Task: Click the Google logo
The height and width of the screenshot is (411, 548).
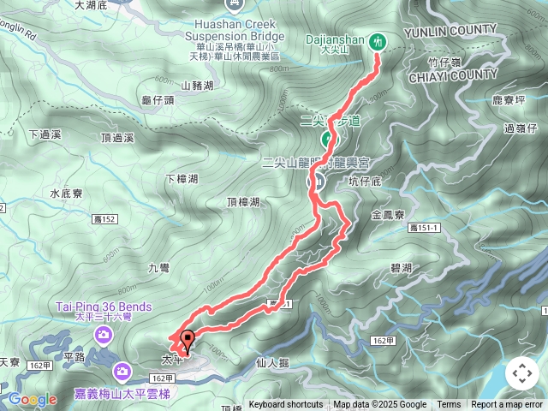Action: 33,399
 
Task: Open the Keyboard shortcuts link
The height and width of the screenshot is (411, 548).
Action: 286,405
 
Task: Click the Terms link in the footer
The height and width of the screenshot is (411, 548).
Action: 449,405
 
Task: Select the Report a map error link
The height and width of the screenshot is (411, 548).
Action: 507,405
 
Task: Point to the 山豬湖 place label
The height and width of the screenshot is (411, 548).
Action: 197,86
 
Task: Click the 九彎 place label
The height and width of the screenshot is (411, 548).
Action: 159,268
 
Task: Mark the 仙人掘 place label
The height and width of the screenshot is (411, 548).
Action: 273,363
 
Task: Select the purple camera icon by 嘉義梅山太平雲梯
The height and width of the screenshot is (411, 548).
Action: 121,371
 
